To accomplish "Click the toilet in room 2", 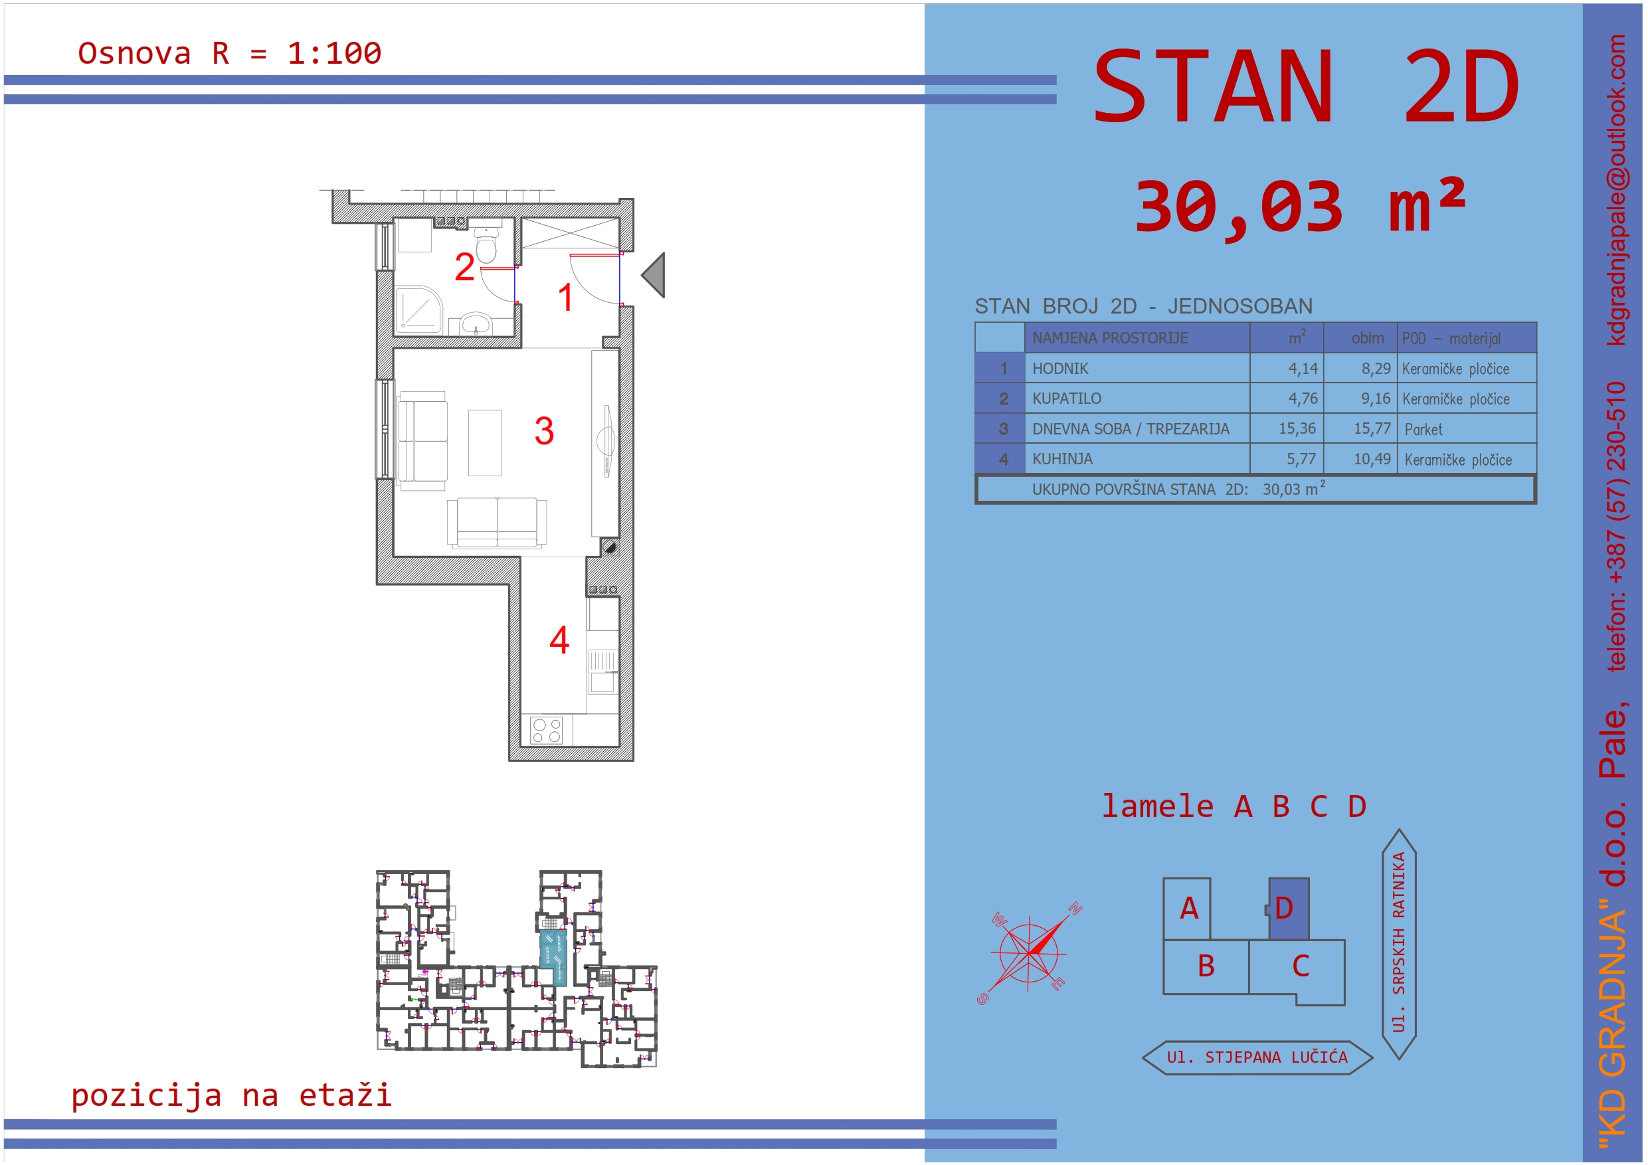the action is point(487,245).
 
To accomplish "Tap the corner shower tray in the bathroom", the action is point(420,311).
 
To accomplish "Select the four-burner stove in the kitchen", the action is point(547,731).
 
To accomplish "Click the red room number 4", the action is point(559,640).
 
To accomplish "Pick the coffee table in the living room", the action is point(485,443).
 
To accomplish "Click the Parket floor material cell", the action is point(1423,429).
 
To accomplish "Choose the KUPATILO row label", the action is point(1067,399).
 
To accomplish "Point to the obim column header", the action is point(1367,338).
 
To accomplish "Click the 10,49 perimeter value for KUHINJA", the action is point(1372,459).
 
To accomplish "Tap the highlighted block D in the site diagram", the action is point(1289,909).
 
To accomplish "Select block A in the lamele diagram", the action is point(1187,909).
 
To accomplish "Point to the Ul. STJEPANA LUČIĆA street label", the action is point(1257,1057).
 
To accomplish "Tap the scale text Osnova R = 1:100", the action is point(230,54).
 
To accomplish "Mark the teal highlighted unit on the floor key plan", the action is point(553,957).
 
